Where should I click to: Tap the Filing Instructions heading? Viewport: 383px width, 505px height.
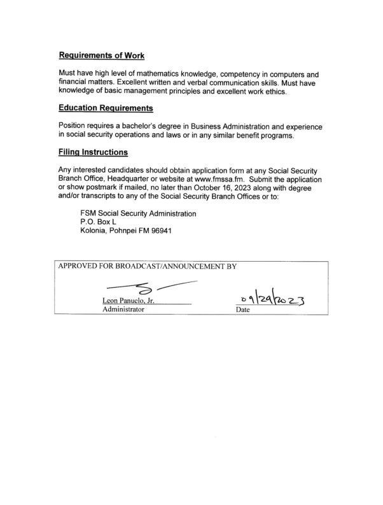click(93, 152)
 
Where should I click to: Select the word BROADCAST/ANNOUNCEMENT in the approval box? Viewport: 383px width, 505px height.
click(162, 266)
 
